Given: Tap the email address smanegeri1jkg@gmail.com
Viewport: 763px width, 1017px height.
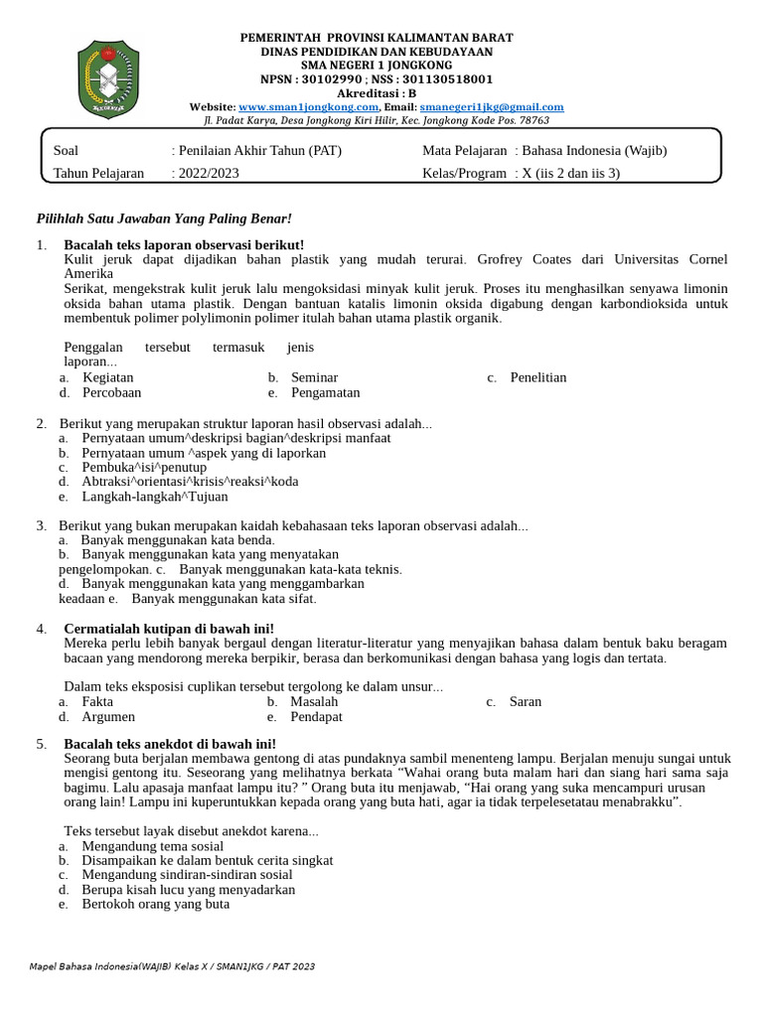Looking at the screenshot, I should coord(492,107).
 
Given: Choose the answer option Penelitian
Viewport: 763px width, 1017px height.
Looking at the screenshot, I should coord(538,377).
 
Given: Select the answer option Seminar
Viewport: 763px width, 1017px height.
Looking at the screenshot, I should coord(314,377).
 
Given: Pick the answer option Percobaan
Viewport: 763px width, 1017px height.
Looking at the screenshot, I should coord(111,392).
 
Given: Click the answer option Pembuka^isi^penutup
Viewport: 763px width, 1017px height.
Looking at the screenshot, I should coord(144,467).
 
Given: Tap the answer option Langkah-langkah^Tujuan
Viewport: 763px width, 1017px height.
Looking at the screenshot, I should coord(154,497).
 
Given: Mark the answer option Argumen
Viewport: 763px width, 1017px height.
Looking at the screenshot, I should coord(108,716).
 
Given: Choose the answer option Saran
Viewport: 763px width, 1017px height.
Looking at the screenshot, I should coord(525,701).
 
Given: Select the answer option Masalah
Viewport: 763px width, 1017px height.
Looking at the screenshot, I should coord(314,701).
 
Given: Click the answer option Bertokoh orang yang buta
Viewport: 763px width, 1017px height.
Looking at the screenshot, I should coord(155,905).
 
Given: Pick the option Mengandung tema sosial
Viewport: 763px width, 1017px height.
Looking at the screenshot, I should coord(152,845).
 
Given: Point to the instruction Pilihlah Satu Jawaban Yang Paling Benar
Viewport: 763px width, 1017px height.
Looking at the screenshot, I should coord(164,218).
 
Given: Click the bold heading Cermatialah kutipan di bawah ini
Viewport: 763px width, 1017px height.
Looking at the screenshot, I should coord(168,629).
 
